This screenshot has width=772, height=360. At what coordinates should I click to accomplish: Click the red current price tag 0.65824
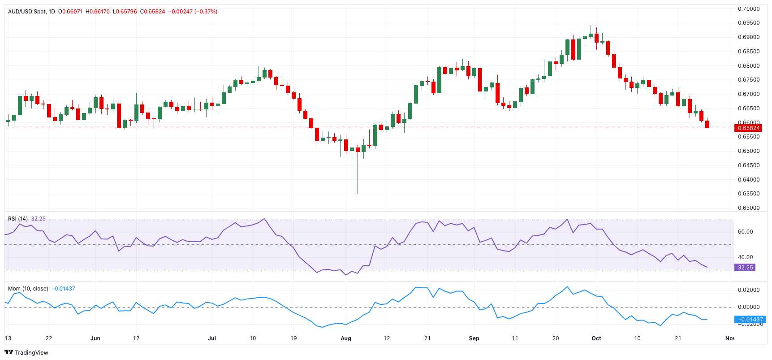[748, 128]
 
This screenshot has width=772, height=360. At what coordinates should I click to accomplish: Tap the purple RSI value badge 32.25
[745, 268]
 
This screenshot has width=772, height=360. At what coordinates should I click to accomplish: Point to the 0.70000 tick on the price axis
[749, 9]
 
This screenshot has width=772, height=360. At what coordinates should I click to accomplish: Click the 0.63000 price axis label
[749, 208]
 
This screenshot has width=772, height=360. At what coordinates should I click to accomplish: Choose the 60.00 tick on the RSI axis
[746, 232]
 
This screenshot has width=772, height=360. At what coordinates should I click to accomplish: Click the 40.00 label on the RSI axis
[746, 257]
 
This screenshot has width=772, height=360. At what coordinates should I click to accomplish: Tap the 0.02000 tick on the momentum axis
[749, 290]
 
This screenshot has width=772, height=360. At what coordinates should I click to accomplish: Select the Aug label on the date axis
[346, 338]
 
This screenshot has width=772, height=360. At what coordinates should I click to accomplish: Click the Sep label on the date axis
[474, 338]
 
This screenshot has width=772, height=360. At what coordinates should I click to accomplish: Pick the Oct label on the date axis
[596, 338]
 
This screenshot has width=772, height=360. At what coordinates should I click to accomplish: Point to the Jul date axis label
[212, 338]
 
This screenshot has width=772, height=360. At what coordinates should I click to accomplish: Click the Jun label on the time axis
[95, 338]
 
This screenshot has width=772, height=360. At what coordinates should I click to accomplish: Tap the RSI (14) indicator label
[18, 219]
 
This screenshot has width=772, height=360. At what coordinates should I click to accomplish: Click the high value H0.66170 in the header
[99, 12]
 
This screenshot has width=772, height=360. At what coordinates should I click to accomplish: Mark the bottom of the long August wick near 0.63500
[358, 193]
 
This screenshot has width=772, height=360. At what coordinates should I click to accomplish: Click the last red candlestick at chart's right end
[707, 124]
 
